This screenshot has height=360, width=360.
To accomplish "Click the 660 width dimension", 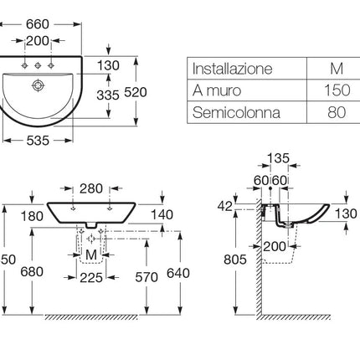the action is (x=38, y=24).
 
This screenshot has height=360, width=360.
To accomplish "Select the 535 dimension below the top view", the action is (x=38, y=141).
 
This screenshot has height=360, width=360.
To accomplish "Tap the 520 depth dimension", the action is (x=136, y=92).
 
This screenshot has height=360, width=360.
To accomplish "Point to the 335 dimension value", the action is (x=108, y=95).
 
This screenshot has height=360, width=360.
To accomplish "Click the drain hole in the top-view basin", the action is (x=38, y=85).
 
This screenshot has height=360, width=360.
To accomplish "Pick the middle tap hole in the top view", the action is (x=38, y=65).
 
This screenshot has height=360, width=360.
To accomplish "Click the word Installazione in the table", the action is (x=232, y=69).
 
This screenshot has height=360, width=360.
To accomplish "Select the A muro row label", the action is (x=217, y=90).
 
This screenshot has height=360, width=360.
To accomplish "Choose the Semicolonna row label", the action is (x=236, y=112).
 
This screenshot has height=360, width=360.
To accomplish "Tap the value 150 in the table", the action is (x=337, y=90).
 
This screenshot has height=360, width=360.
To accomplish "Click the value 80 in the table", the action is (x=337, y=112).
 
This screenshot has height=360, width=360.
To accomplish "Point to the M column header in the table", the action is (x=337, y=69).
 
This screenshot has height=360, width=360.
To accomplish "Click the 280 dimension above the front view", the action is (x=91, y=188).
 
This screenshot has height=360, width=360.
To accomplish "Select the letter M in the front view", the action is (x=91, y=255).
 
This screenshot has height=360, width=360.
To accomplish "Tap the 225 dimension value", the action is (x=91, y=278).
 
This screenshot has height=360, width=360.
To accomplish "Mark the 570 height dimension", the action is (x=147, y=277).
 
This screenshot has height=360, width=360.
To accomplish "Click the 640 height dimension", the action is (x=178, y=273).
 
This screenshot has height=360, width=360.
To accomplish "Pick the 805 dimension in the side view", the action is (x=235, y=260).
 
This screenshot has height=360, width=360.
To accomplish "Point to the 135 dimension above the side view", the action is (x=279, y=158).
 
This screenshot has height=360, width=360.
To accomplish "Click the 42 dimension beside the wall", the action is (x=225, y=206).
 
